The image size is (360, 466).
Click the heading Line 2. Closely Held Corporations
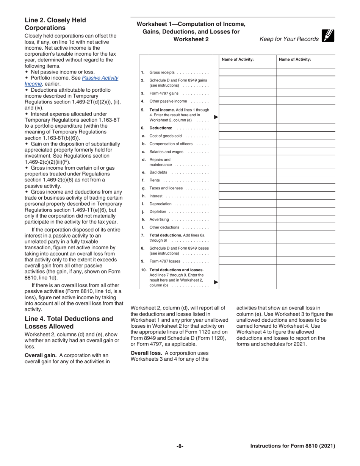click(55, 24)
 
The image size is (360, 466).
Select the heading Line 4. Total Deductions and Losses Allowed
click(69, 322)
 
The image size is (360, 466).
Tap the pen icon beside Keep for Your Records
click(328, 36)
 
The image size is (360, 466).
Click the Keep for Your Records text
click(289, 39)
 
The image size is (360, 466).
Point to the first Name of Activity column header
click(238, 59)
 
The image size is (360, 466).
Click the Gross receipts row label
click(162, 72)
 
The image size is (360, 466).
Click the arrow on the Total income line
click(216, 117)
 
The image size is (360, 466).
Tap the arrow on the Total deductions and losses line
click(216, 282)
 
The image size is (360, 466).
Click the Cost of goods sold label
click(165, 136)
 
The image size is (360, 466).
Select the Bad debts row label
click(158, 172)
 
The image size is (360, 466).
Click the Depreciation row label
click(160, 204)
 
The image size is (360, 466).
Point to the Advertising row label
click(159, 220)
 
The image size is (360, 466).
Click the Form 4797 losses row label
click(164, 261)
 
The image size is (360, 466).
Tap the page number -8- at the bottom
click(180, 446)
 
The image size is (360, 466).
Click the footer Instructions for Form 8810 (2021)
click(293, 446)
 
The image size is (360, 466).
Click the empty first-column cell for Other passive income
click(247, 101)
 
